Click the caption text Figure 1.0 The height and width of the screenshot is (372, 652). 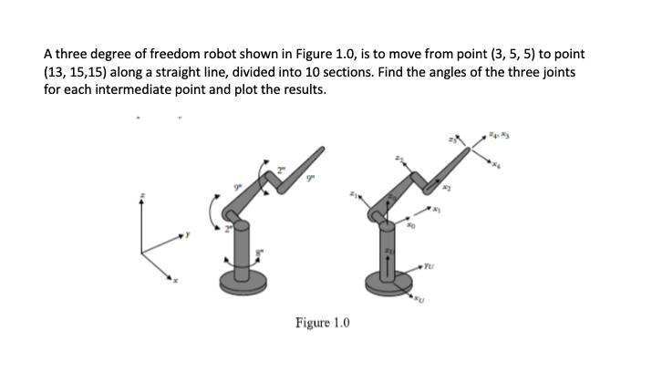(x=322, y=323)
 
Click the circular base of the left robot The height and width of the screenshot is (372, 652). (x=241, y=277)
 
